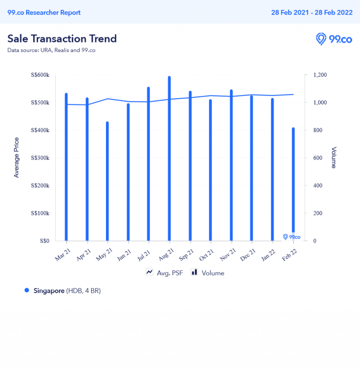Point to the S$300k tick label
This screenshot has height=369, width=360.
[x=40, y=158]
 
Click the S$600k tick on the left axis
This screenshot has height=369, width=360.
[x=40, y=75]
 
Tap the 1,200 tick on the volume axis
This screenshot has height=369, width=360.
[x=321, y=75]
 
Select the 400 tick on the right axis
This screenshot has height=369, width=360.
[x=318, y=185]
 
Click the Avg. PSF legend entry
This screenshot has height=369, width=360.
[x=164, y=273]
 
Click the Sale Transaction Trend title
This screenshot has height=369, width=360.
[x=62, y=38]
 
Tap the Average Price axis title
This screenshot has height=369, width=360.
[x=17, y=157]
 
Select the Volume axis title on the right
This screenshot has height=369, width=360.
[x=334, y=158]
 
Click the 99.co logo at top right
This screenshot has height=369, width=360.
[x=334, y=39]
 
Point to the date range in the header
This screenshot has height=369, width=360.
[x=312, y=13]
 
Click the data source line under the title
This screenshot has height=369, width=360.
[x=51, y=50]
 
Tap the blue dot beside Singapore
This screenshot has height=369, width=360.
[x=27, y=291]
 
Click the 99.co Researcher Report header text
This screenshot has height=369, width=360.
[x=44, y=13]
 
